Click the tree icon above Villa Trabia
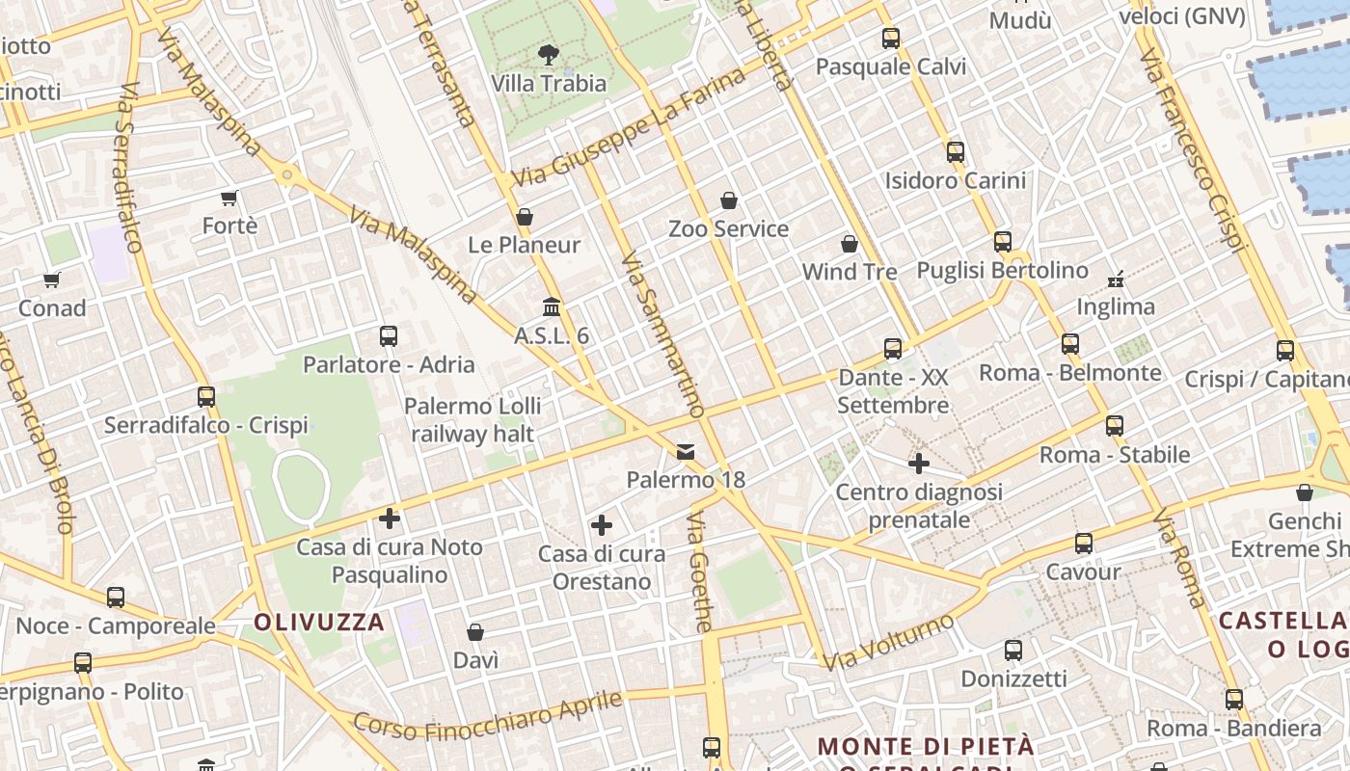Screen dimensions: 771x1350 549,54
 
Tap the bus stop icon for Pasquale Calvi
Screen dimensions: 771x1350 891,39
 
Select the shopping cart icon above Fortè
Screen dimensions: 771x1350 229,199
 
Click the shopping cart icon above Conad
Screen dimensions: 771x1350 52,280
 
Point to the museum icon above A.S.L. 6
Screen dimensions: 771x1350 552,307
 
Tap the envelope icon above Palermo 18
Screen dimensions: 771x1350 686,451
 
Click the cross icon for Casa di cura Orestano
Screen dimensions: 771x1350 602,525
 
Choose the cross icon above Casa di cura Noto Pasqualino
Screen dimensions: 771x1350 390,518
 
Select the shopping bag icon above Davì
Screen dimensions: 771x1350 475,632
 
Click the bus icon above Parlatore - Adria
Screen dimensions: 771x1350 389,336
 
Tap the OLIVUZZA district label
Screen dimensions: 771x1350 319,622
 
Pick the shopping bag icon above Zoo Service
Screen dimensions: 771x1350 729,200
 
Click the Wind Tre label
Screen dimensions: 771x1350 850,272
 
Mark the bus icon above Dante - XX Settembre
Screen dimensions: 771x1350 893,348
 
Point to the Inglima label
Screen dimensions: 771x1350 1116,306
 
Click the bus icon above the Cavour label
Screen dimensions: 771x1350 1084,544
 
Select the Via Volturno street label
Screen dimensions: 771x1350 888,641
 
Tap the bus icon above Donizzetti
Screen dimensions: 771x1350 1013,651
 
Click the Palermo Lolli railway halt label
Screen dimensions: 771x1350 472,420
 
